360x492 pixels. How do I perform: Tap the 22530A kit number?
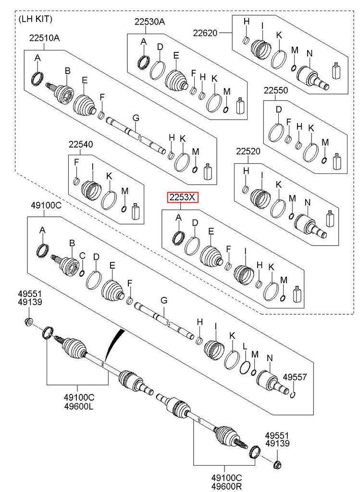pos(149,22)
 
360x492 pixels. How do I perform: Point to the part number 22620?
pos(205,33)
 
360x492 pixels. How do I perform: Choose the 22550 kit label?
pos(275,90)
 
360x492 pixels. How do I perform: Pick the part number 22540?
pos(80,144)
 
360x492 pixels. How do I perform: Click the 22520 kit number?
pos(248,152)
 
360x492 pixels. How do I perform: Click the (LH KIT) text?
pos(35,19)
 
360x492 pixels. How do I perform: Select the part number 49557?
pos(294,377)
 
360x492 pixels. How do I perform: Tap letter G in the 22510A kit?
pos(136,118)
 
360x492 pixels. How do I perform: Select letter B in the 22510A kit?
pos(67,71)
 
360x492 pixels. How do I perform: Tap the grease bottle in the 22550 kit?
pos(337,162)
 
